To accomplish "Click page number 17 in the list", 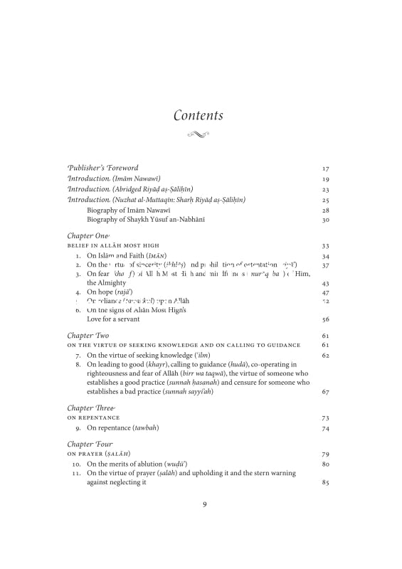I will [x=326, y=169].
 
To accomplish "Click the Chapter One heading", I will [x=88, y=235].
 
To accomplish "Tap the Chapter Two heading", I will [x=88, y=335].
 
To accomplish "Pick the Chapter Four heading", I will [x=90, y=444].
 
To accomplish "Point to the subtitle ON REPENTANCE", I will [x=94, y=418].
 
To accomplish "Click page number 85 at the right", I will [x=326, y=483].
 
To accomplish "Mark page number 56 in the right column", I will [x=326, y=320].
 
